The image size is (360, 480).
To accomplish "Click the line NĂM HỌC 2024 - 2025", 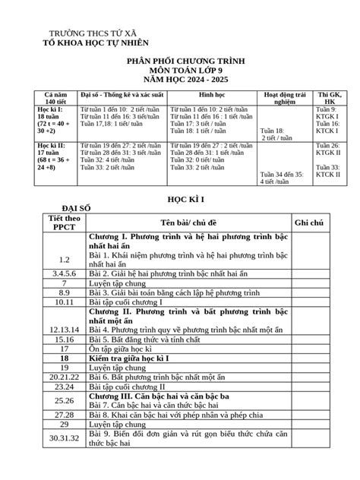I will click(x=179, y=79).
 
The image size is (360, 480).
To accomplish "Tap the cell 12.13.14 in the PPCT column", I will click(x=64, y=329).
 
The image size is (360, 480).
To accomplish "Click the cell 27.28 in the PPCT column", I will click(x=64, y=415).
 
